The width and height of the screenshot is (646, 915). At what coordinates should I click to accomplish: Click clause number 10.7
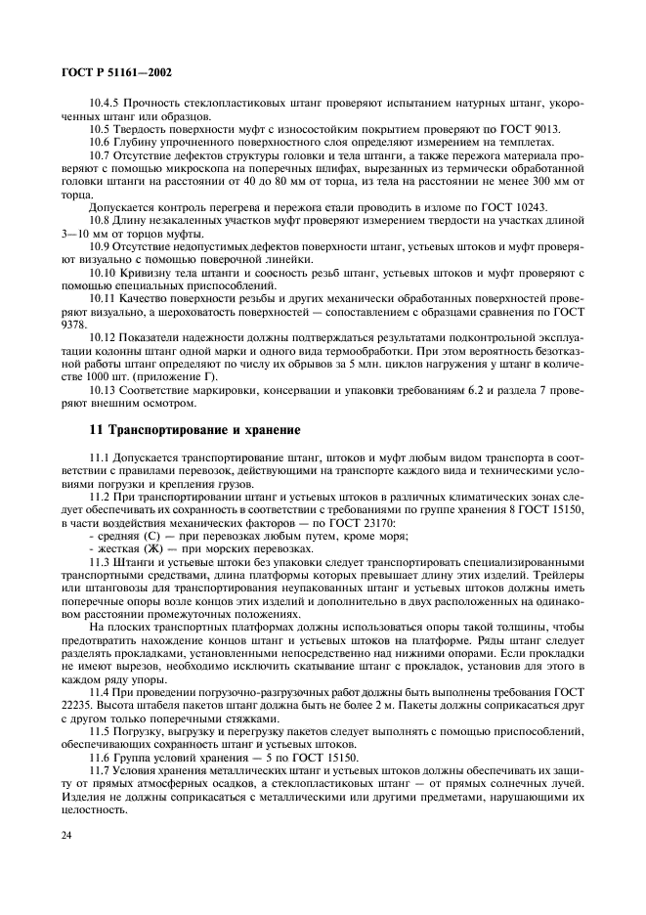tap(100, 154)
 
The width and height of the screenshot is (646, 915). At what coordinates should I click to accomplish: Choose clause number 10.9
tap(100, 244)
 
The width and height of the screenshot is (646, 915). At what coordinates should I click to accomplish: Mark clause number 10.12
tap(103, 337)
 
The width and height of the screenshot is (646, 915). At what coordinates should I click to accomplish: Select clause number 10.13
tap(103, 388)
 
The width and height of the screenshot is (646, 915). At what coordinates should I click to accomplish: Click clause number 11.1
tap(100, 457)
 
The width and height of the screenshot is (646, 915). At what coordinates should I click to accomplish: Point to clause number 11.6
tap(100, 758)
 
